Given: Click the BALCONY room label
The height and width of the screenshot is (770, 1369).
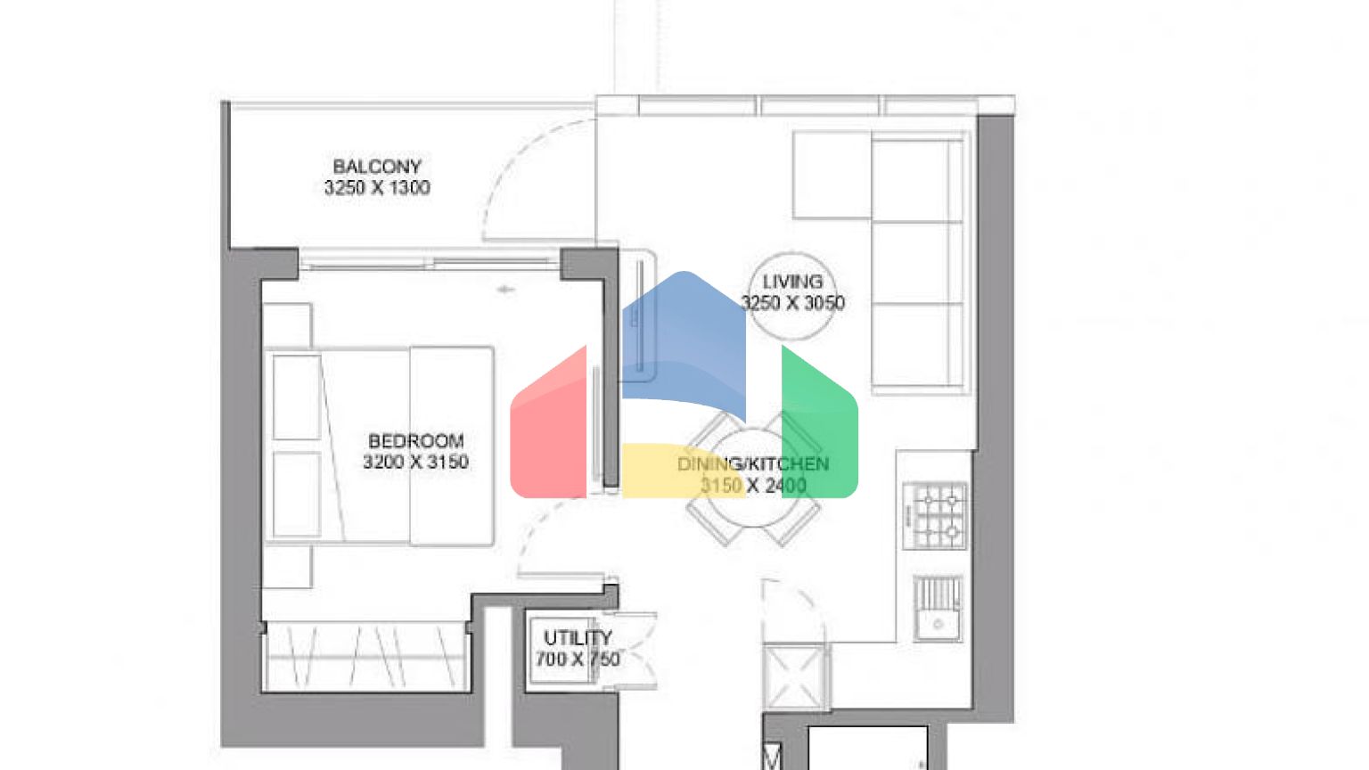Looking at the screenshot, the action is (377, 167).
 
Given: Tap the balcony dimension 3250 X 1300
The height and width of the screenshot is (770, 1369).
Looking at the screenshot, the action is (377, 188).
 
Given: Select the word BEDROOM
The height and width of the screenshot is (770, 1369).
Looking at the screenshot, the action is (416, 440).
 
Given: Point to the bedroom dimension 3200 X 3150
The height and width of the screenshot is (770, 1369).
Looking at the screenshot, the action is (415, 462).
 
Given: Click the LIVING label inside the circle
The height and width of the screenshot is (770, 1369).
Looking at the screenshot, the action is (792, 282).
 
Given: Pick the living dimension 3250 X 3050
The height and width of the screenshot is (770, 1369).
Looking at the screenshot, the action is (792, 303).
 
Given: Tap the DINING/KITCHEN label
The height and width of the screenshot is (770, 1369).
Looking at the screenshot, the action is (753, 463).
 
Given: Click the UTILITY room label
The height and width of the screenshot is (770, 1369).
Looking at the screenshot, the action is (578, 638).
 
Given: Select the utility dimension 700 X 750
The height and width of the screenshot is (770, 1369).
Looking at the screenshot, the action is (578, 659).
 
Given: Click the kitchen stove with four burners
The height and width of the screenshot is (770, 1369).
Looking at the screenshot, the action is (935, 516).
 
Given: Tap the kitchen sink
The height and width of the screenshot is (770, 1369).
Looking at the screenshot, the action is (938, 608).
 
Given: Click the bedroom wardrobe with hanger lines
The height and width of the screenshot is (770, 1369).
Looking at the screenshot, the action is (366, 657).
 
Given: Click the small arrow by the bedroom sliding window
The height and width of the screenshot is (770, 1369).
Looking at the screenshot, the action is (505, 290).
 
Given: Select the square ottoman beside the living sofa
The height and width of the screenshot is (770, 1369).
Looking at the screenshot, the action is (832, 175).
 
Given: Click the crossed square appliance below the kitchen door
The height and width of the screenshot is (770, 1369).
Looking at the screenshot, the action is (794, 676).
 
